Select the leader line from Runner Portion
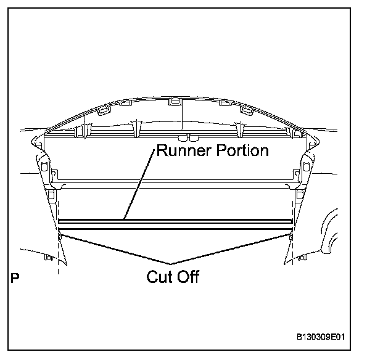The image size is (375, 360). coord(138,186)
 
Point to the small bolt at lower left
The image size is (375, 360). coord(48,257)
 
